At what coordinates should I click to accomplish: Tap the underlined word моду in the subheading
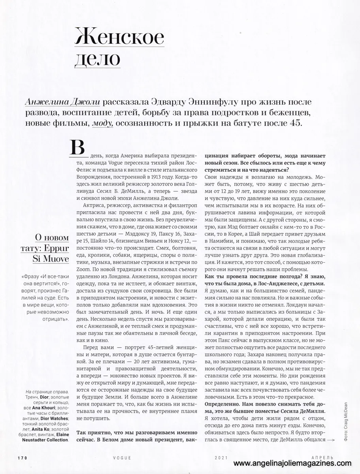[x=102, y=123]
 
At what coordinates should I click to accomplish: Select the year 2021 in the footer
[x=222, y=458]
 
